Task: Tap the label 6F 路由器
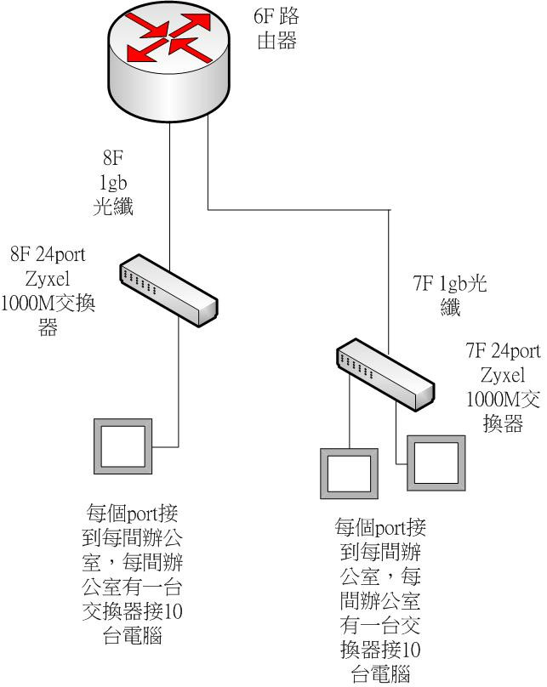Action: [x=276, y=29]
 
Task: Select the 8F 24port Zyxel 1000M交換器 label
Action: [x=48, y=290]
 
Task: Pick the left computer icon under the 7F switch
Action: [x=347, y=473]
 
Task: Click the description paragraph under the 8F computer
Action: [x=134, y=575]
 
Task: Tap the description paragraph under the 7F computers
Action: [x=379, y=600]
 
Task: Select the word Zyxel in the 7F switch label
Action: [x=502, y=374]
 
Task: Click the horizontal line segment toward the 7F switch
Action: [x=298, y=209]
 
